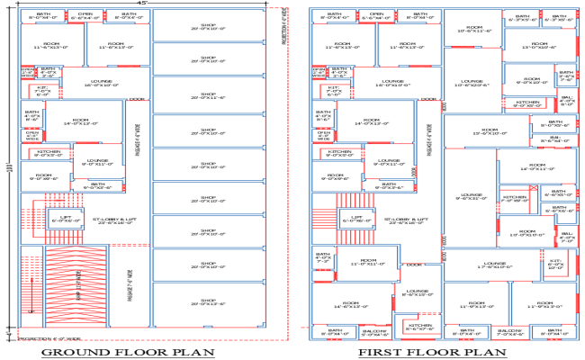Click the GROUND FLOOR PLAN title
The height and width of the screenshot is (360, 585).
click(x=129, y=351)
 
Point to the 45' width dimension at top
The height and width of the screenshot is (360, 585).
click(x=143, y=4)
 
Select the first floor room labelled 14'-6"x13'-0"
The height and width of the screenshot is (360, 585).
click(x=352, y=306)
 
